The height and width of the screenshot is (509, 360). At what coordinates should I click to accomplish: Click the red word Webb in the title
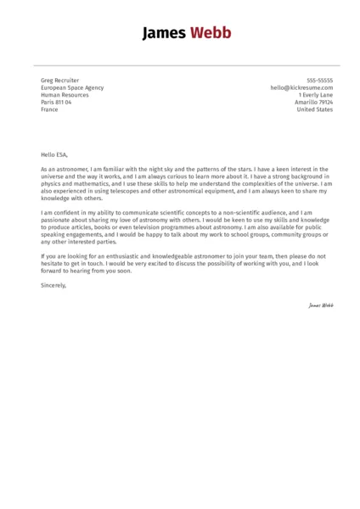click(x=208, y=34)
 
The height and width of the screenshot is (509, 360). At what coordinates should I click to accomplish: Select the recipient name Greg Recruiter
click(x=59, y=80)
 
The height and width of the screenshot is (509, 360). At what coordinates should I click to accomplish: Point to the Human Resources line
click(x=63, y=95)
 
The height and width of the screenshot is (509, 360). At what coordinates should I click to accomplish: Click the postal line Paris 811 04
click(x=56, y=103)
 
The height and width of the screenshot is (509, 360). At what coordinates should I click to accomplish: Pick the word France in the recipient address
click(x=49, y=110)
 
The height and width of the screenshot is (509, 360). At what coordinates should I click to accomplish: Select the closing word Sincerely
click(x=53, y=285)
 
